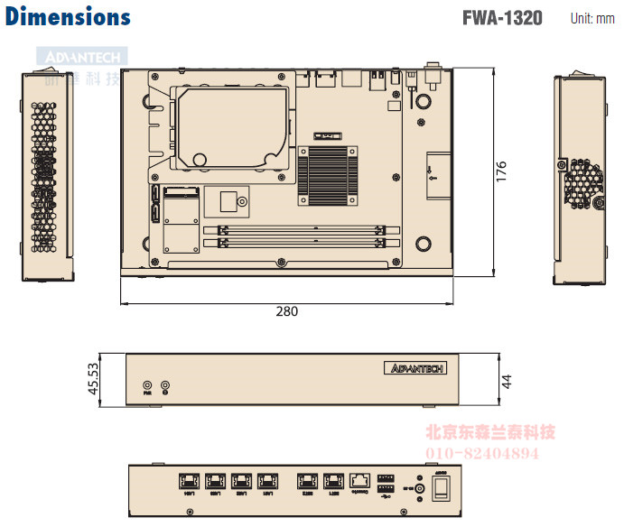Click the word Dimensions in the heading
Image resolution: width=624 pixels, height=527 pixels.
68,16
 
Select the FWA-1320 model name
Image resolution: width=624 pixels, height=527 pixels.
502,17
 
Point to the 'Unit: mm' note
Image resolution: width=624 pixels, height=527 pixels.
591,18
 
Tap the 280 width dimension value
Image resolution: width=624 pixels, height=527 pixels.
286,311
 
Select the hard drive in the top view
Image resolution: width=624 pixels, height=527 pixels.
233,125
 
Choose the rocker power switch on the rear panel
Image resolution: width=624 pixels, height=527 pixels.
442,488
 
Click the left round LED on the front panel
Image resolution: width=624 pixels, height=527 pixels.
148,385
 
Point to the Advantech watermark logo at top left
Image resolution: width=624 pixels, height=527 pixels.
80,60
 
